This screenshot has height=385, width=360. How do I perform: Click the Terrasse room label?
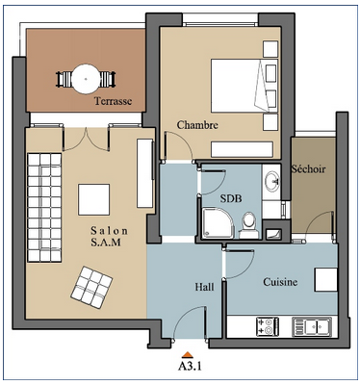tap(113, 101)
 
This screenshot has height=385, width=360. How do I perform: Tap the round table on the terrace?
tap(86, 79)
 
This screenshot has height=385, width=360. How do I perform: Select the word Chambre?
tap(197, 125)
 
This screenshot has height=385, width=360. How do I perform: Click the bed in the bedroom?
tap(244, 86)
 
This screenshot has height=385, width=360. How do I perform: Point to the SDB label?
tap(231, 198)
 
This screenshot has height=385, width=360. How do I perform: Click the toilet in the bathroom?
tap(249, 226)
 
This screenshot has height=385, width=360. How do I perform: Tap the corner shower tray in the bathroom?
tap(219, 223)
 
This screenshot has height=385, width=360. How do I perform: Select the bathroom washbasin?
tap(272, 182)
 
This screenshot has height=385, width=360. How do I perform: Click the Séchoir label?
tap(308, 168)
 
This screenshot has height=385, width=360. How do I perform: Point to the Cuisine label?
tap(280, 282)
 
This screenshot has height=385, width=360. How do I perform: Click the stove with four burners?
tap(268, 326)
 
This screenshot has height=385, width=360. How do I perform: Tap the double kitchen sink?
tap(312, 326)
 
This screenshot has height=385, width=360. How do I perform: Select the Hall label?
tap(204, 287)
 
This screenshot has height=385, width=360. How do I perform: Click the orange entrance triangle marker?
tap(188, 354)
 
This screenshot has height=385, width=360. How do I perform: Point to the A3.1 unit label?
tap(190, 366)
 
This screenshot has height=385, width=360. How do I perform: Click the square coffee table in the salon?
tap(94, 199)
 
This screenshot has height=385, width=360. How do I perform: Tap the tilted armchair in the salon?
tap(91, 287)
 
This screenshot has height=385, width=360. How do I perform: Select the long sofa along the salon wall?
tap(44, 208)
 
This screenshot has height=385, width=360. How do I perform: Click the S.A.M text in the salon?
tap(106, 243)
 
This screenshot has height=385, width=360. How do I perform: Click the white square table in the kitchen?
tap(326, 280)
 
